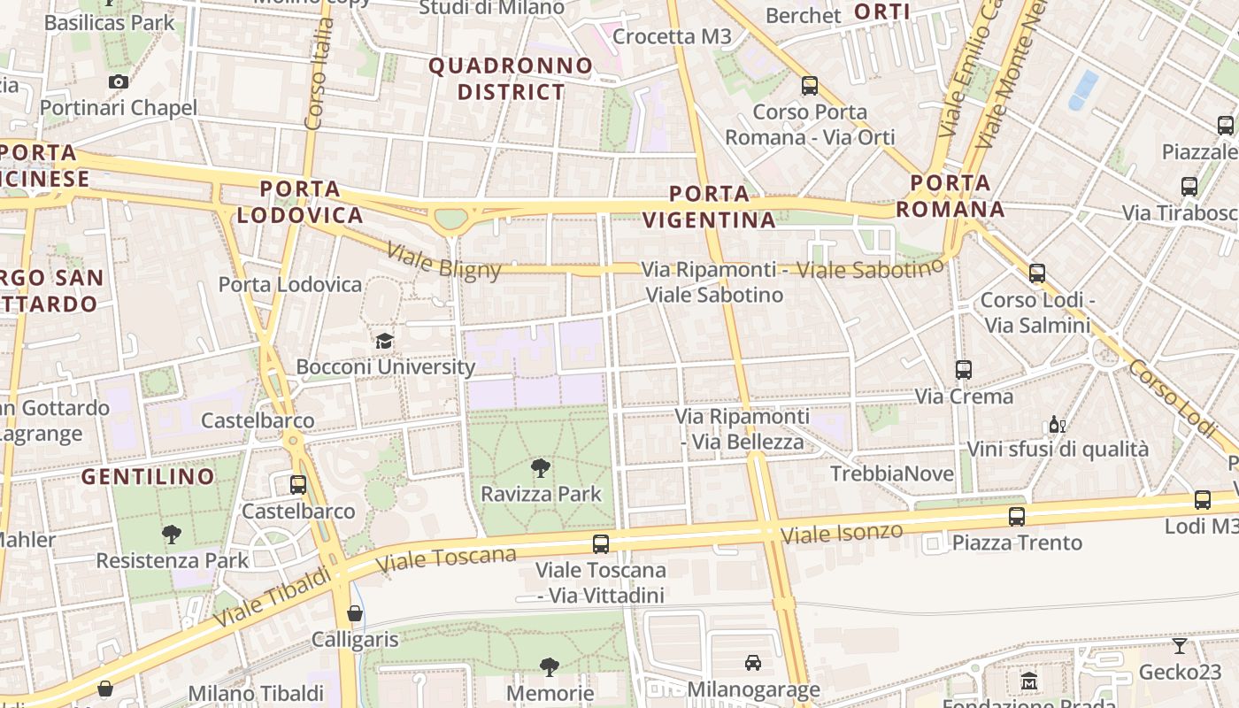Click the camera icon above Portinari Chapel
[x=118, y=82]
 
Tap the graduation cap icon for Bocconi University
[x=384, y=341]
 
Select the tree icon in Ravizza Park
[x=540, y=468]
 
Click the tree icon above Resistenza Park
[x=172, y=534]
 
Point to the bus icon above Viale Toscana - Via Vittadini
[x=601, y=543]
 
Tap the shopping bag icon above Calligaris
[x=355, y=612]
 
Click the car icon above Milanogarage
[x=752, y=662]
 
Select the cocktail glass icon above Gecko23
[x=1180, y=645]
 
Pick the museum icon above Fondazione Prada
[x=1028, y=681]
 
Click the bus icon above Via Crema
[x=964, y=370]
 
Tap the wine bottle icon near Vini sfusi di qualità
[x=1057, y=424]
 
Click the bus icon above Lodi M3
[x=1202, y=500]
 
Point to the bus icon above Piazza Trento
[x=1017, y=516]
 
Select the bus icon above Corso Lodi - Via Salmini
[x=1037, y=273]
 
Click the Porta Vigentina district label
[x=709, y=206]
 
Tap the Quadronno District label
[x=511, y=79]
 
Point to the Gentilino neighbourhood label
[x=148, y=476]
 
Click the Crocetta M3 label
[x=673, y=36]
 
